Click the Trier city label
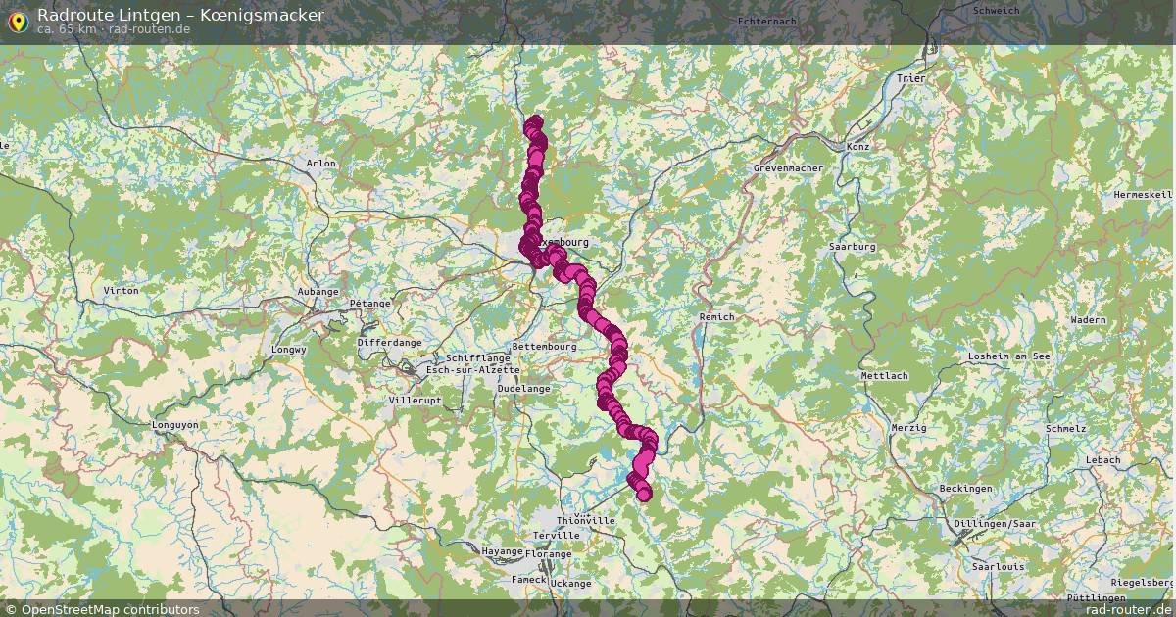tap(910, 77)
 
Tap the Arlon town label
tap(320, 163)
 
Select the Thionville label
tap(585, 520)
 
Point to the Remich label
tap(717, 316)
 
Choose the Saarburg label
tap(852, 247)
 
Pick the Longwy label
tap(289, 349)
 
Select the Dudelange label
tap(524, 388)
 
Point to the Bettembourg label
tap(544, 347)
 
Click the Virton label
tap(122, 291)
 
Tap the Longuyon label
tap(174, 425)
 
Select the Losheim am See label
tap(1008, 356)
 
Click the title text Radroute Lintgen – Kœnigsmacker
tap(180, 14)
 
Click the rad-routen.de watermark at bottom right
tap(1128, 609)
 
